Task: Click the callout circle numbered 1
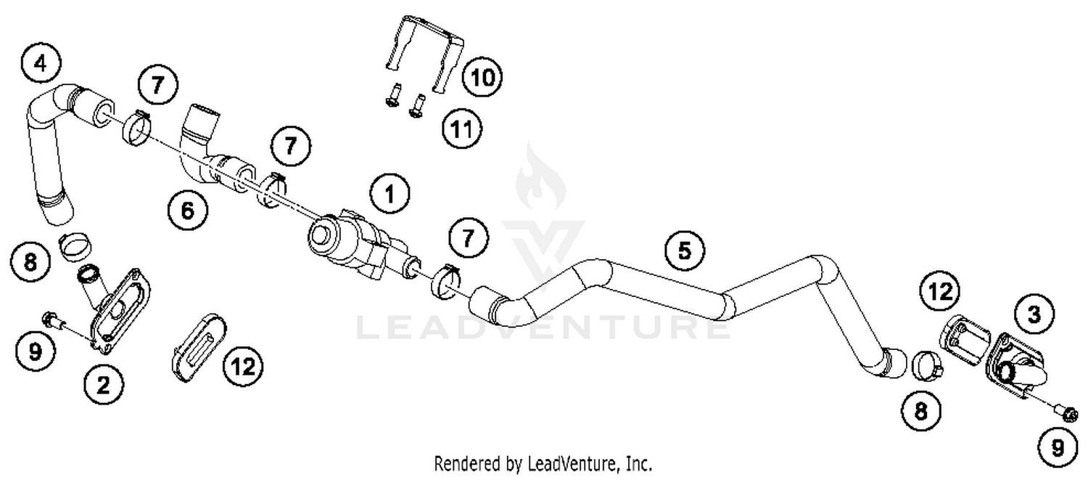pyautogui.click(x=390, y=194)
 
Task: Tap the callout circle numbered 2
pyautogui.click(x=103, y=385)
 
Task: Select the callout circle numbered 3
pyautogui.click(x=1033, y=314)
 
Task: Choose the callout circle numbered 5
pyautogui.click(x=685, y=251)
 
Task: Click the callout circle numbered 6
pyautogui.click(x=187, y=211)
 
